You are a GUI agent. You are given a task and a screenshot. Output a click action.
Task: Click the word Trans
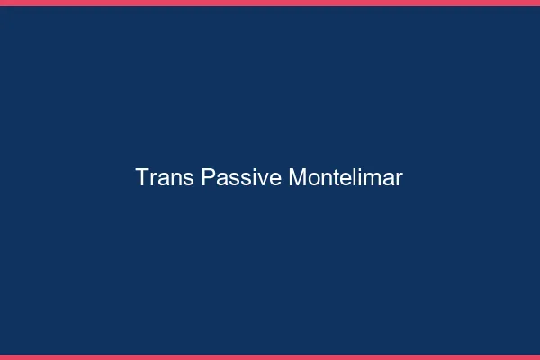(164, 177)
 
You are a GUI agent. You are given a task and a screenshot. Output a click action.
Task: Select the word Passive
(241, 177)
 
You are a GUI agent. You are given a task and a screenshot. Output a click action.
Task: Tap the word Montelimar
(346, 177)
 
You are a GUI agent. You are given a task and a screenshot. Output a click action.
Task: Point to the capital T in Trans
(142, 177)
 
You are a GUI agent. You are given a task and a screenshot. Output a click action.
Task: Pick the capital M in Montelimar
(297, 177)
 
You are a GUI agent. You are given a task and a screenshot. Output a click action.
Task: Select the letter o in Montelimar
(311, 179)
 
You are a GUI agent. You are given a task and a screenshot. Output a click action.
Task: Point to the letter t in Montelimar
(333, 178)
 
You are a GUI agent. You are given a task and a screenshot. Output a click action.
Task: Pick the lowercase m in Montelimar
(368, 179)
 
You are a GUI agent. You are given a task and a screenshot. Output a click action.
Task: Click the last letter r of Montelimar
(399, 179)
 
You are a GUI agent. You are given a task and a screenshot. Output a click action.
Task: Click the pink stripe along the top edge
(270, 3)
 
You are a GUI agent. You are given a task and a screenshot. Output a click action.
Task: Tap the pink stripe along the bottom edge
(270, 356)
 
